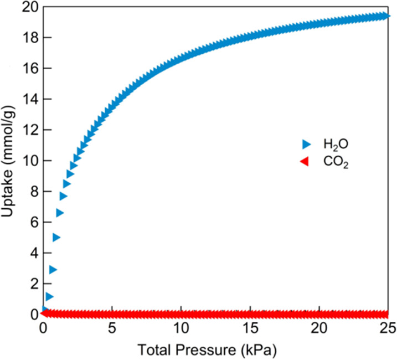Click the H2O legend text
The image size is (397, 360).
click(336, 145)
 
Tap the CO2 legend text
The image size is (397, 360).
click(336, 163)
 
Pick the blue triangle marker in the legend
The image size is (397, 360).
click(305, 145)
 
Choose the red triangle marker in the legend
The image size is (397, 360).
click(303, 162)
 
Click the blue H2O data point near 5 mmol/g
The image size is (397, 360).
click(56, 238)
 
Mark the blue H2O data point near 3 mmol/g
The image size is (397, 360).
click(53, 270)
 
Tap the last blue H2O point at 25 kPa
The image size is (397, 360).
click(386, 16)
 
